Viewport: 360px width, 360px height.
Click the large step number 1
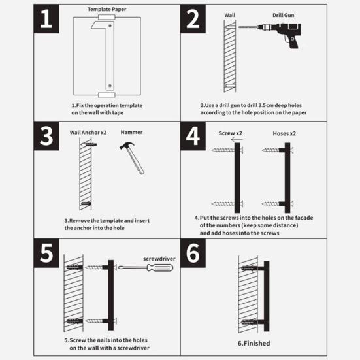click(x=46, y=19)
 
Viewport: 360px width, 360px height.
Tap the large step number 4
click(x=193, y=136)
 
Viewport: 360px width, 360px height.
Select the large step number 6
click(x=193, y=253)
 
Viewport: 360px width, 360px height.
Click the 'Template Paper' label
click(x=107, y=9)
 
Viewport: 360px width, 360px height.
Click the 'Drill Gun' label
click(x=284, y=15)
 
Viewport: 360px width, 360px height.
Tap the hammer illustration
click(x=133, y=157)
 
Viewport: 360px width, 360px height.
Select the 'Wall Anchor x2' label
click(x=88, y=133)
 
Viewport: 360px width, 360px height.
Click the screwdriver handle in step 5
click(x=160, y=268)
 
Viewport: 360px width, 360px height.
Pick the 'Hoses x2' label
click(x=284, y=133)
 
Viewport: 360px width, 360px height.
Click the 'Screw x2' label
click(x=230, y=133)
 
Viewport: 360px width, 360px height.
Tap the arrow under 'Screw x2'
click(x=237, y=140)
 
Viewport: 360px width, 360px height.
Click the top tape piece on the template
click(x=106, y=17)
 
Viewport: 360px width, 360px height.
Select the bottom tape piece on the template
click(x=106, y=95)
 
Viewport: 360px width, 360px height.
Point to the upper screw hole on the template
click(x=110, y=26)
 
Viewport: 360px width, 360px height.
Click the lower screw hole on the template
click(x=110, y=86)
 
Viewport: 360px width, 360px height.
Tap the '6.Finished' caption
click(x=254, y=344)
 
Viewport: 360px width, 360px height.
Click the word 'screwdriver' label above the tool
click(x=159, y=259)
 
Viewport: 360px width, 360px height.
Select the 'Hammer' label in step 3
click(x=131, y=132)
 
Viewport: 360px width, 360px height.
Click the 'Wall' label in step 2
click(x=229, y=15)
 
